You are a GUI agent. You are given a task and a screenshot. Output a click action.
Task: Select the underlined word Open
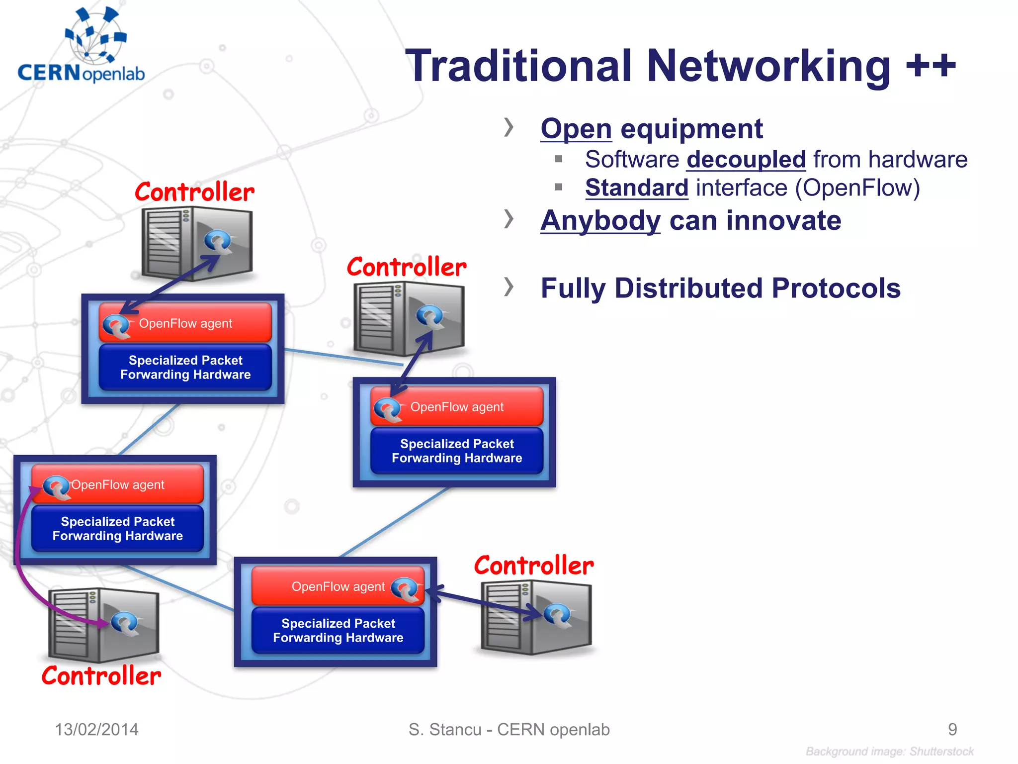click(x=576, y=129)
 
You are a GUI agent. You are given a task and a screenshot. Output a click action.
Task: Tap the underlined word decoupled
click(x=746, y=160)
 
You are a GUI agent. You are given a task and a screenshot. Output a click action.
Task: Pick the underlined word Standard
click(x=636, y=188)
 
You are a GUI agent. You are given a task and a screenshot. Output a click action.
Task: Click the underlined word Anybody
click(x=600, y=221)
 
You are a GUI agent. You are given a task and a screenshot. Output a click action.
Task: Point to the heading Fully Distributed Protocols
click(x=720, y=288)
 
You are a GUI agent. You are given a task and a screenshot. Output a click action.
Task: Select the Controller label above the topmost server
click(x=194, y=192)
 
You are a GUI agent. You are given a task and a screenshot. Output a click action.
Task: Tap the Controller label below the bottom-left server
click(x=101, y=676)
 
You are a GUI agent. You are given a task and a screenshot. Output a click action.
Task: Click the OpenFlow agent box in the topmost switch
click(x=185, y=323)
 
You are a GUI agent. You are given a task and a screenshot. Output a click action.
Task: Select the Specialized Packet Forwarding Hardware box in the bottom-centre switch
click(x=338, y=631)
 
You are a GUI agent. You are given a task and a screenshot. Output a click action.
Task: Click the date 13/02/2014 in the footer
click(x=96, y=730)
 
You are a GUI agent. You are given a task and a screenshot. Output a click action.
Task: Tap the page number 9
click(x=952, y=730)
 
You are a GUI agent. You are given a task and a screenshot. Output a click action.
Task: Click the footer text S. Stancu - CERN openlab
click(x=509, y=730)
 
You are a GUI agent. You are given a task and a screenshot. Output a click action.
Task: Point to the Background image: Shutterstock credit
click(x=889, y=752)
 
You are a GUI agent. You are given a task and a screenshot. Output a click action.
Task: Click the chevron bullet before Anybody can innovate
click(x=508, y=219)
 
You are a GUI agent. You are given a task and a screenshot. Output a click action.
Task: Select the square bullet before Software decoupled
click(x=558, y=159)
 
